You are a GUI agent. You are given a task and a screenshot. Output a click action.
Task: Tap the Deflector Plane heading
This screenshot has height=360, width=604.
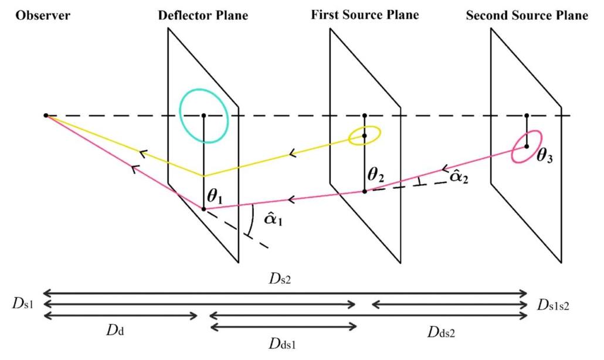(x=203, y=15)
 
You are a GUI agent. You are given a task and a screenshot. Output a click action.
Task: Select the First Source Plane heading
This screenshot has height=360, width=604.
(x=365, y=15)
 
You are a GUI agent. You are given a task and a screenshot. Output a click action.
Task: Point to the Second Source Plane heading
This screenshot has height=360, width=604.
(x=527, y=15)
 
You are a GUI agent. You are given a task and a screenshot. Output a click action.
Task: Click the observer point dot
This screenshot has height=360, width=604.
(x=46, y=116)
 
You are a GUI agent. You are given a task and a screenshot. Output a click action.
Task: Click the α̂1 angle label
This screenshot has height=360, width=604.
(x=271, y=221)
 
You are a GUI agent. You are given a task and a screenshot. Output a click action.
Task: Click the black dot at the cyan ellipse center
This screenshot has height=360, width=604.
(x=203, y=116)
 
